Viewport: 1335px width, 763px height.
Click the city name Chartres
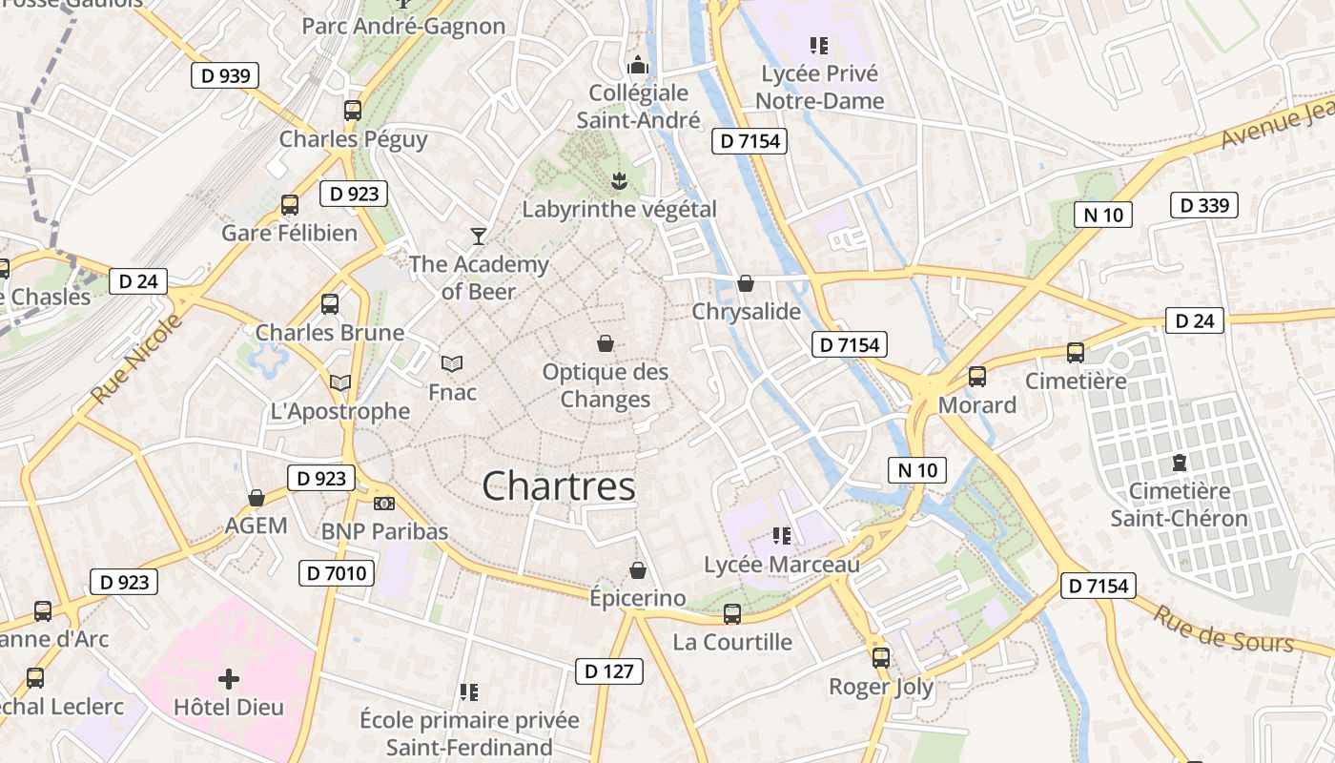559,486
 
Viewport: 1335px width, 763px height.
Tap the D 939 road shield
225,76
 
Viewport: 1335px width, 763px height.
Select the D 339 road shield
1203,205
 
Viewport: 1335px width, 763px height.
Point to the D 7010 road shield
337,573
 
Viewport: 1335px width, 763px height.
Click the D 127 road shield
609,671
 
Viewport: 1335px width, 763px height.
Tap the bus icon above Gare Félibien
290,205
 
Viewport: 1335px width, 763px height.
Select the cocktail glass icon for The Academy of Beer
479,236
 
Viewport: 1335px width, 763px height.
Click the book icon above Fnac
452,363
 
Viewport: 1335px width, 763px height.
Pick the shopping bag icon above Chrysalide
746,283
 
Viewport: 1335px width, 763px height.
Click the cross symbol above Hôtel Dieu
229,679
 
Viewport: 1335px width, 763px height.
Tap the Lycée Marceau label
782,565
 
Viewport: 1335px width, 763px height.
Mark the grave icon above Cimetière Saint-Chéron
1180,464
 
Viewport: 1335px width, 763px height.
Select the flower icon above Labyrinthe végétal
619,180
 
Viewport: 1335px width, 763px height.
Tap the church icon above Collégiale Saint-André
638,65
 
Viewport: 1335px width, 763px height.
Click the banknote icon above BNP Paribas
384,503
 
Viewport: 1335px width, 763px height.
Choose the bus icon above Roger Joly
881,657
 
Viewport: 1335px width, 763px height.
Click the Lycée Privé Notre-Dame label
820,87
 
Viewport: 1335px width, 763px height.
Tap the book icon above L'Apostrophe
340,382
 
